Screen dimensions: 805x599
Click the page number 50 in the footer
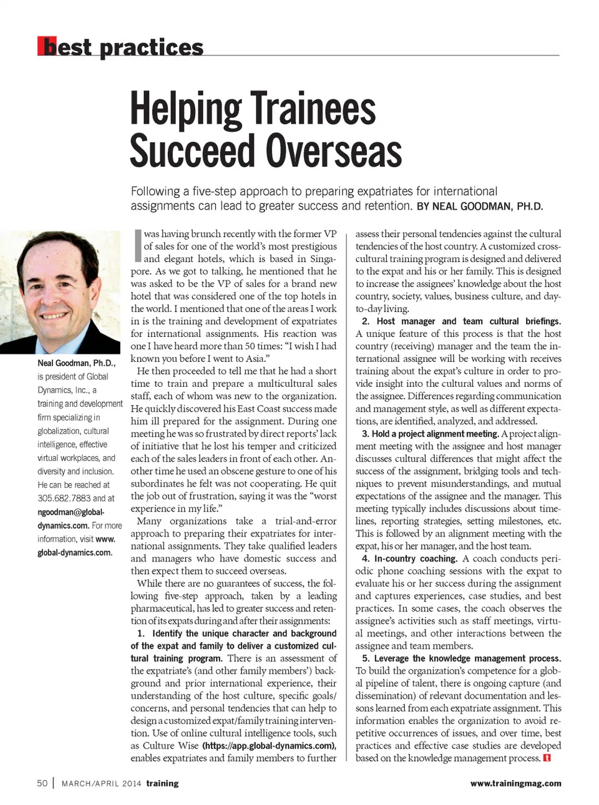[x=42, y=783]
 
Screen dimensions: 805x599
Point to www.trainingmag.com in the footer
[x=515, y=783]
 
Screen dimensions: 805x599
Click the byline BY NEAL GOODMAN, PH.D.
[x=479, y=207]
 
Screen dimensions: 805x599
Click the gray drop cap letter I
[x=138, y=245]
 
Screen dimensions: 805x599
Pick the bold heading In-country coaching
[x=416, y=559]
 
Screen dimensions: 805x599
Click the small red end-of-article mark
[x=547, y=758]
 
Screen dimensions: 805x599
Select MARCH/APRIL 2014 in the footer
[x=101, y=784]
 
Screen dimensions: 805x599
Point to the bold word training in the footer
[x=162, y=783]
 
